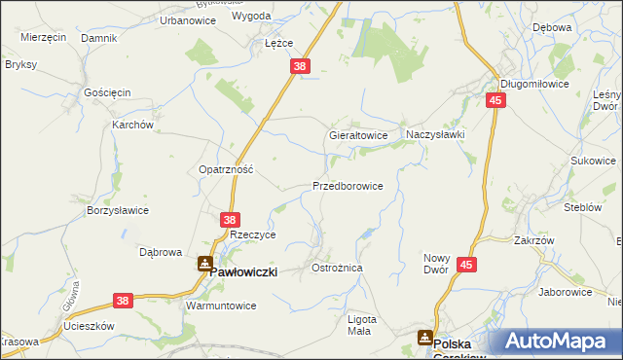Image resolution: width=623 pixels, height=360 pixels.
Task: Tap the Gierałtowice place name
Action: click(x=359, y=136)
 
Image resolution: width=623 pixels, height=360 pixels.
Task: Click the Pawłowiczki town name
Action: click(x=244, y=273)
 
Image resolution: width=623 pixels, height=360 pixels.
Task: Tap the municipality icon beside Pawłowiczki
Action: click(x=204, y=263)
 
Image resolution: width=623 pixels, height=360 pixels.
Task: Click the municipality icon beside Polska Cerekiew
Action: click(x=425, y=338)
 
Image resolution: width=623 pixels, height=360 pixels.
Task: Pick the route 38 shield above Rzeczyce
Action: click(x=230, y=221)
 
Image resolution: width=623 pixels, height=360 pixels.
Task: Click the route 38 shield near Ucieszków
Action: click(x=123, y=302)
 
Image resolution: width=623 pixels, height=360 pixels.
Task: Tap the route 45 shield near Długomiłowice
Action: click(x=496, y=100)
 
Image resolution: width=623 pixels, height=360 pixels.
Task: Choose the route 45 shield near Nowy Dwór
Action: click(x=466, y=265)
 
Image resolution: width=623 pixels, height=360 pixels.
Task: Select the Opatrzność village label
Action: click(x=226, y=168)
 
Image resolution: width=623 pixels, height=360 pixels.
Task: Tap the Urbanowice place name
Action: click(x=160, y=19)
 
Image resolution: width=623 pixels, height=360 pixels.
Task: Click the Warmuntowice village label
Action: click(x=220, y=305)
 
